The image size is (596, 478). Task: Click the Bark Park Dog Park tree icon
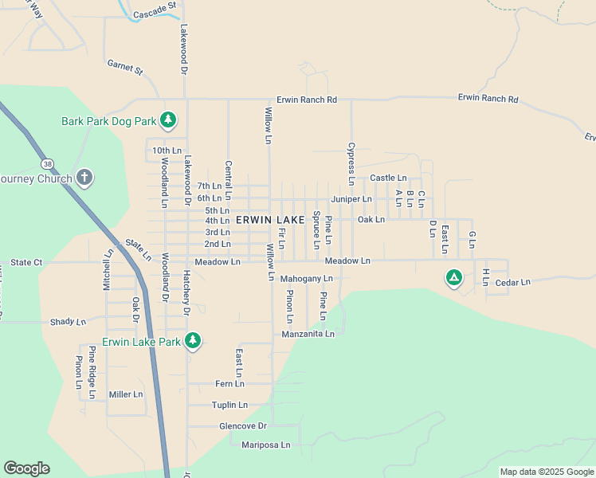[x=167, y=120]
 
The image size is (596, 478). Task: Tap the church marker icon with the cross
[x=85, y=178]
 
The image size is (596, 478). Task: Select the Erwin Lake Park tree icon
[x=192, y=341]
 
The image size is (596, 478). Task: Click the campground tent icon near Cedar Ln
[x=453, y=277]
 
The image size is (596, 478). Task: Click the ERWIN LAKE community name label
[x=269, y=219]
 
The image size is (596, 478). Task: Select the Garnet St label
[x=125, y=69]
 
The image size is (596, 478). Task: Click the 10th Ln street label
[x=167, y=150]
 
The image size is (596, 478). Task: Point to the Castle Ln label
[x=388, y=178]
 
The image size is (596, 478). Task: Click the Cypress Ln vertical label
[x=350, y=159]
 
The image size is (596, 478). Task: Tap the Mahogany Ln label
[x=306, y=279]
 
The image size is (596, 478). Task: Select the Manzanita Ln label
[x=308, y=334]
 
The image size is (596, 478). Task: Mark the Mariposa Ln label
[x=266, y=445]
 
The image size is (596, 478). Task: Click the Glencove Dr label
[x=242, y=426]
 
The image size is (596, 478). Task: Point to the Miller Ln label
[x=126, y=394]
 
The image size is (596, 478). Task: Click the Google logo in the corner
[x=26, y=468]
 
